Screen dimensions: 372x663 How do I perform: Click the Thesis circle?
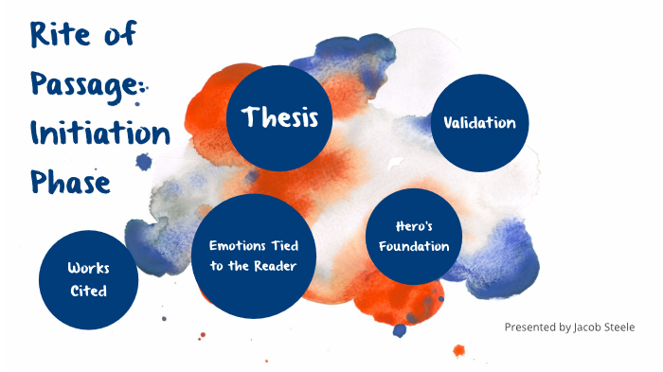point(278,119)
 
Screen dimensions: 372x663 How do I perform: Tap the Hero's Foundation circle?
point(414,237)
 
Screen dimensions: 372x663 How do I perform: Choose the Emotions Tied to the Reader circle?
point(253,256)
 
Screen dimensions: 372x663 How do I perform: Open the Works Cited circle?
point(88,279)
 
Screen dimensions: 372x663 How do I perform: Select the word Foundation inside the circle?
point(414,247)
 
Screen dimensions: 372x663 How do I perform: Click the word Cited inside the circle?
point(88,291)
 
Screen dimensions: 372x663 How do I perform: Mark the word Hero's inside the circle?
point(414,227)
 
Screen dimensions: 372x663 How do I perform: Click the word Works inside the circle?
point(88,269)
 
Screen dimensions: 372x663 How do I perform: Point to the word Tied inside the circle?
point(283,246)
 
